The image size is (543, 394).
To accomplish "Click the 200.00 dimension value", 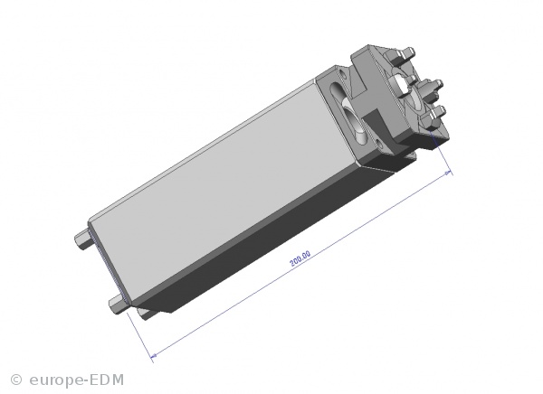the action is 300,258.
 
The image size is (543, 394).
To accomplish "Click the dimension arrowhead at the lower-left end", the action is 154,355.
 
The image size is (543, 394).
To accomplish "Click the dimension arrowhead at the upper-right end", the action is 449,173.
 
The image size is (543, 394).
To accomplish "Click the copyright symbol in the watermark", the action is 16,380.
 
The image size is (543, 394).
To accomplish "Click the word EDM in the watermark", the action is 107,380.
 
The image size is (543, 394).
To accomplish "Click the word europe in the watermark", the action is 56,380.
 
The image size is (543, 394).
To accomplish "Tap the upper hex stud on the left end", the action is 84,239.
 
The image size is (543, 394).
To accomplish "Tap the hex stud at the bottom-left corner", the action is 119,305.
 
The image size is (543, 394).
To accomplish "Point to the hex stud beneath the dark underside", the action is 148,314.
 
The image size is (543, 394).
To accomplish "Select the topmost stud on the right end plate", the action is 408,52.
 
